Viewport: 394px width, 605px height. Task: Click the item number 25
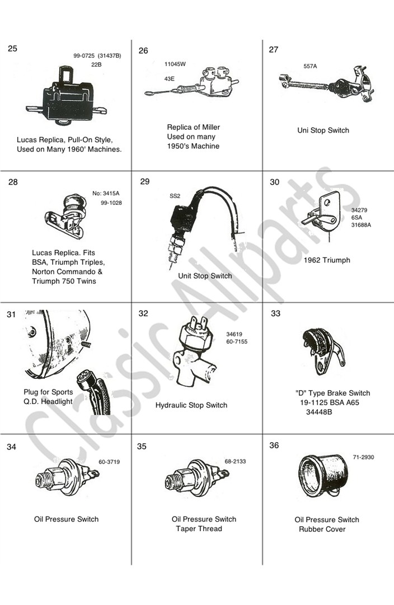[13, 48]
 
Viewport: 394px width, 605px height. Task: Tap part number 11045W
[175, 64]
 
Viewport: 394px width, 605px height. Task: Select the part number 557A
[310, 66]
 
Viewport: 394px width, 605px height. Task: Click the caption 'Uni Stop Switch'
[323, 130]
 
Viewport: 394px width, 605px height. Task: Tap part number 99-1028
[111, 203]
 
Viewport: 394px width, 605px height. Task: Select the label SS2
[175, 196]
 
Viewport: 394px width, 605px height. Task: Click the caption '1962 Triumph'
[327, 260]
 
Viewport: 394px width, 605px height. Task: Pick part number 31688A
[361, 225]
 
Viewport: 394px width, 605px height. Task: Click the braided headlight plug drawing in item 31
[94, 393]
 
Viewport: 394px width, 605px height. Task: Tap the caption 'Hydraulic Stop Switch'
[191, 405]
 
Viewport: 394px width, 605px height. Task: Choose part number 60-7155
[237, 341]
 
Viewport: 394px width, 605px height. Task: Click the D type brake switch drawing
[323, 351]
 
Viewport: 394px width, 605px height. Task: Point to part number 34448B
[319, 412]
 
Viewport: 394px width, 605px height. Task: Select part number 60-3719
[109, 462]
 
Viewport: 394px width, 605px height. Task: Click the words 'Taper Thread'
[199, 528]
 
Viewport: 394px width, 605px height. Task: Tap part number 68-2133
[235, 462]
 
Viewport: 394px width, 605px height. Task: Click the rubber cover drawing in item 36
[322, 477]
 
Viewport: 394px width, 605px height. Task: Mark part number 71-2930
[363, 457]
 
